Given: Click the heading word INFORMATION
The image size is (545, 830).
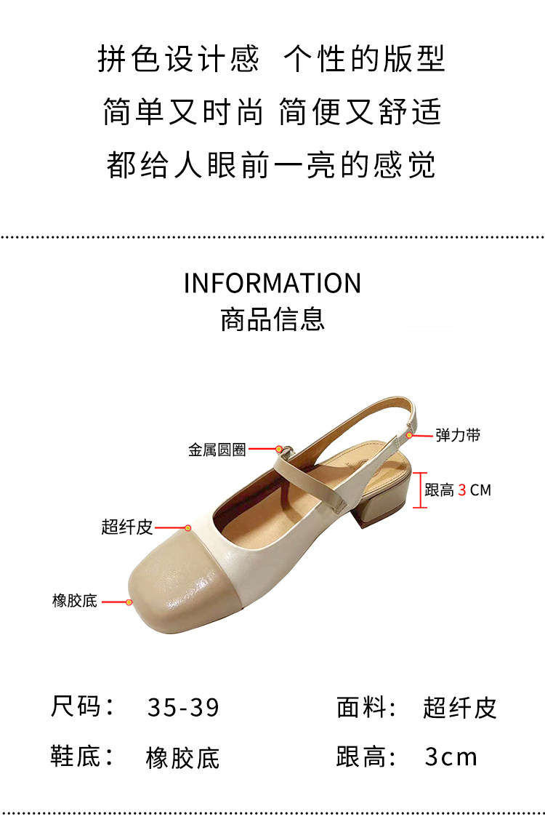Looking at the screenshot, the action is (x=272, y=283).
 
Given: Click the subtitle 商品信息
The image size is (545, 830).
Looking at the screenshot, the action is (x=272, y=319).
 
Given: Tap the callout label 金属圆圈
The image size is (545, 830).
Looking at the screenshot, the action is (x=217, y=450).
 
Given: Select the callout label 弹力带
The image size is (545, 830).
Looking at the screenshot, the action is (x=458, y=435).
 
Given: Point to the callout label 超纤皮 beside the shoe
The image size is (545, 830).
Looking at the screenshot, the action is (x=127, y=527).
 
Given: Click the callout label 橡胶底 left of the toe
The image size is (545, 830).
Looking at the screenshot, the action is (x=75, y=602).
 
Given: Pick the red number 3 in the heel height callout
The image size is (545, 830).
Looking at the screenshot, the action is (x=462, y=490).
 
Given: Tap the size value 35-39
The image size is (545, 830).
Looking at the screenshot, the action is (x=183, y=707).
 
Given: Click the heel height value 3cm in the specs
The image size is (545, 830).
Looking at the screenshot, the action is (x=451, y=757).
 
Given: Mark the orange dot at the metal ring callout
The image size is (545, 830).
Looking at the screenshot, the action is (x=278, y=450).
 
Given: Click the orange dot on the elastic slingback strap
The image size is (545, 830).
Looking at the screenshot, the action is (x=410, y=435).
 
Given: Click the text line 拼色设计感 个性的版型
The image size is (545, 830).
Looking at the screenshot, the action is (x=272, y=59).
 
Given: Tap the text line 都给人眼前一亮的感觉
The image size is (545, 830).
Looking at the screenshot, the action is (x=272, y=165).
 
